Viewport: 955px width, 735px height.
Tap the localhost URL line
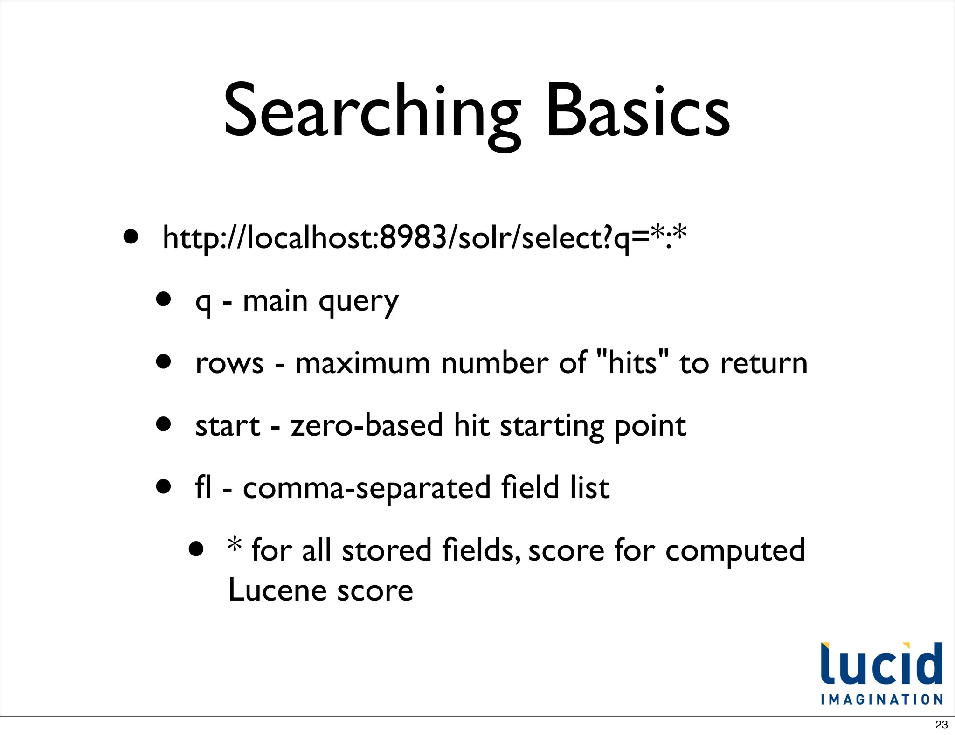pyautogui.click(x=424, y=237)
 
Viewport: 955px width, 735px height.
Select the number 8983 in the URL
pyautogui.click(x=413, y=237)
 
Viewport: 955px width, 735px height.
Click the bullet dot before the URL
pyautogui.click(x=131, y=236)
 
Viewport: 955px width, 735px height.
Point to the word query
pyautogui.click(x=359, y=302)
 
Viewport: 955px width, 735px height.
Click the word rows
pyautogui.click(x=229, y=363)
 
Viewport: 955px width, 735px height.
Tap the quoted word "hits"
pyautogui.click(x=632, y=361)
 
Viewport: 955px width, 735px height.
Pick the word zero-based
pyautogui.click(x=367, y=425)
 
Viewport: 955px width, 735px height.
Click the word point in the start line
pyautogui.click(x=650, y=427)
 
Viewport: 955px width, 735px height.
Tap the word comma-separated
pyautogui.click(x=367, y=489)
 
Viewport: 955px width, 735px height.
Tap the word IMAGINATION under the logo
pyautogui.click(x=882, y=700)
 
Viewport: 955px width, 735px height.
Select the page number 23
pyautogui.click(x=941, y=725)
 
